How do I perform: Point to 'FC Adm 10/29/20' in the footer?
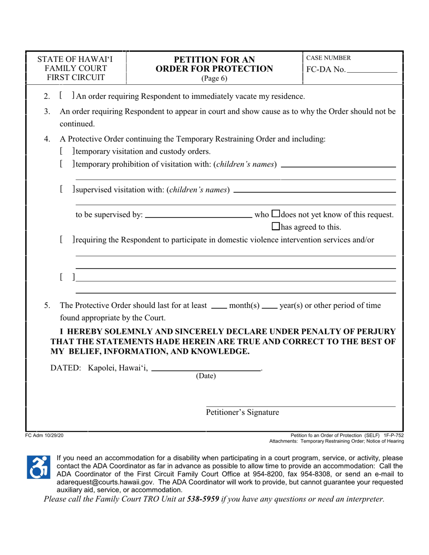tap(45, 435)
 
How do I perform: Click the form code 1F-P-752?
tap(393, 435)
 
